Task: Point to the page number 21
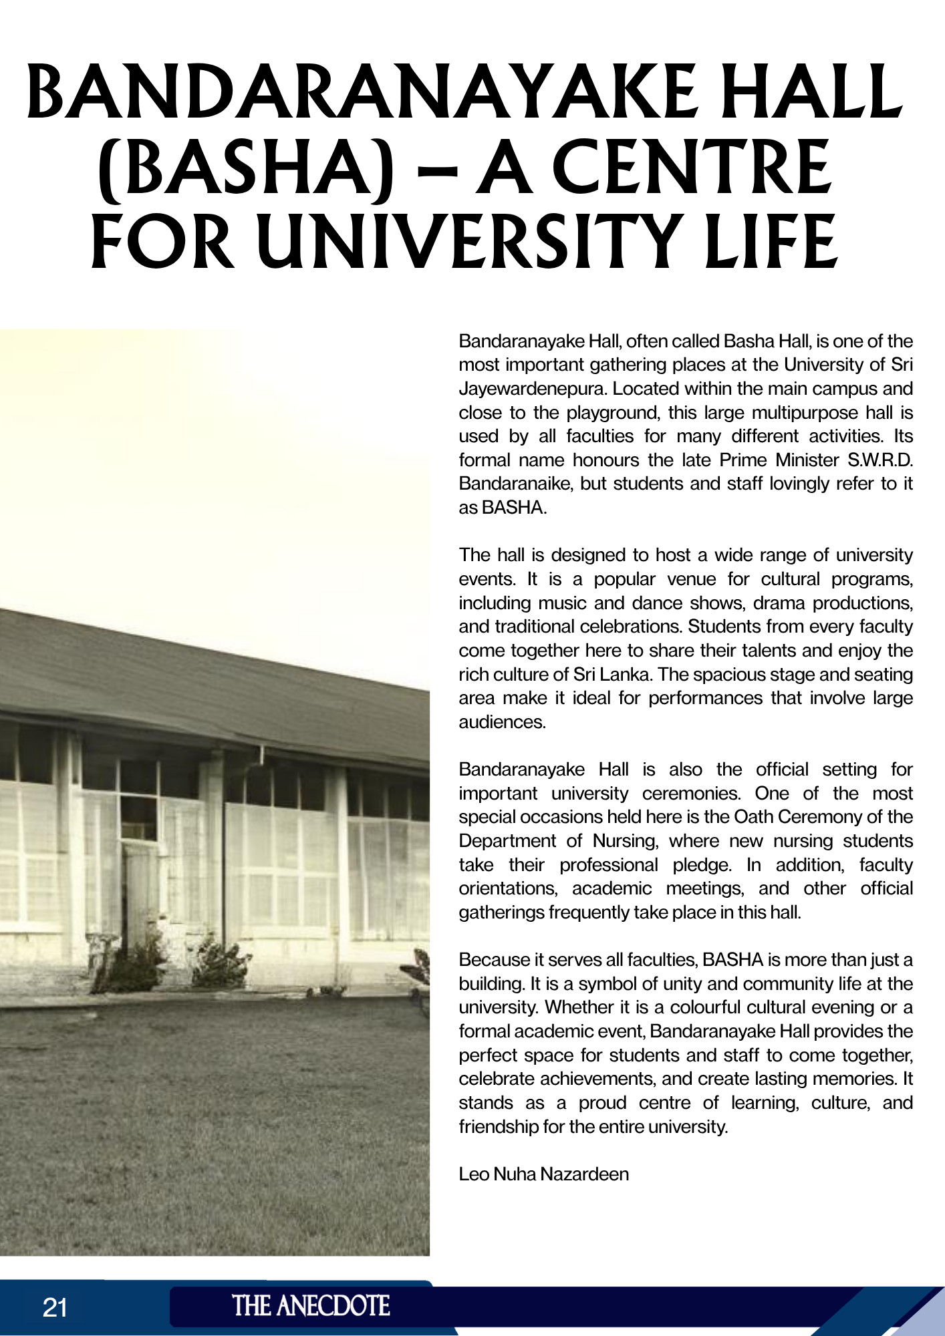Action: click(x=55, y=1307)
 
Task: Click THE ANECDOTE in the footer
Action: click(x=311, y=1306)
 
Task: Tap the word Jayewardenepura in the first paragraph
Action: click(x=531, y=389)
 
